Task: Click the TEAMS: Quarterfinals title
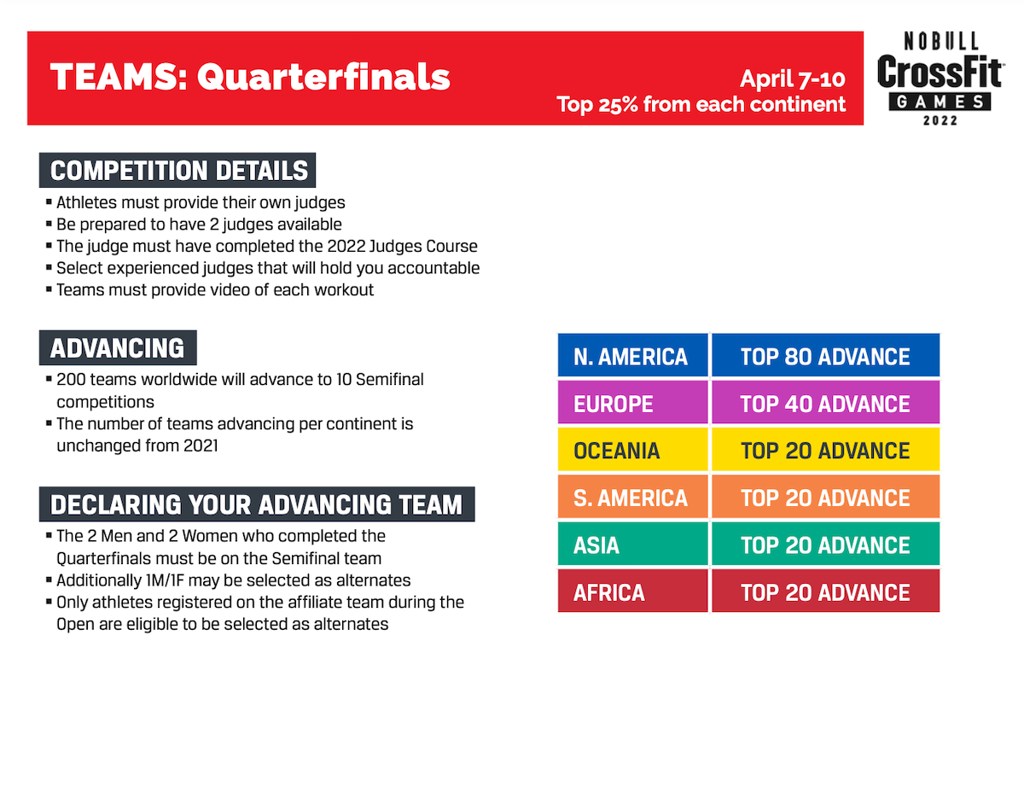click(x=250, y=77)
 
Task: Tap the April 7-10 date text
click(x=792, y=79)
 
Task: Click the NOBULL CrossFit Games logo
click(x=940, y=79)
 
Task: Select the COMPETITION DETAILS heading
click(x=177, y=170)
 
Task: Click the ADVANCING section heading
click(x=118, y=348)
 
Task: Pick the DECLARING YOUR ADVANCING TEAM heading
click(x=257, y=504)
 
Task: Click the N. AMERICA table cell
click(x=632, y=355)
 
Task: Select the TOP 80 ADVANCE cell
click(x=825, y=355)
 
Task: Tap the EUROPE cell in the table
click(x=632, y=403)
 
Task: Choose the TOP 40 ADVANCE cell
click(x=825, y=403)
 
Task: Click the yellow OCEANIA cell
click(x=632, y=450)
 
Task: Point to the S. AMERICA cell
click(x=632, y=497)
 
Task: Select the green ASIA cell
click(x=632, y=544)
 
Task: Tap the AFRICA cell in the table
click(x=632, y=591)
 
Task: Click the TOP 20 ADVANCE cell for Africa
click(x=825, y=591)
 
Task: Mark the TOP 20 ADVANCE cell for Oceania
click(x=825, y=450)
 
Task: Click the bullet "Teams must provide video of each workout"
click(x=210, y=290)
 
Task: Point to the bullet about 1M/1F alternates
click(x=228, y=580)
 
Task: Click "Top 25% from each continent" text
click(x=701, y=104)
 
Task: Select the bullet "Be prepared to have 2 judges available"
click(x=194, y=224)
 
